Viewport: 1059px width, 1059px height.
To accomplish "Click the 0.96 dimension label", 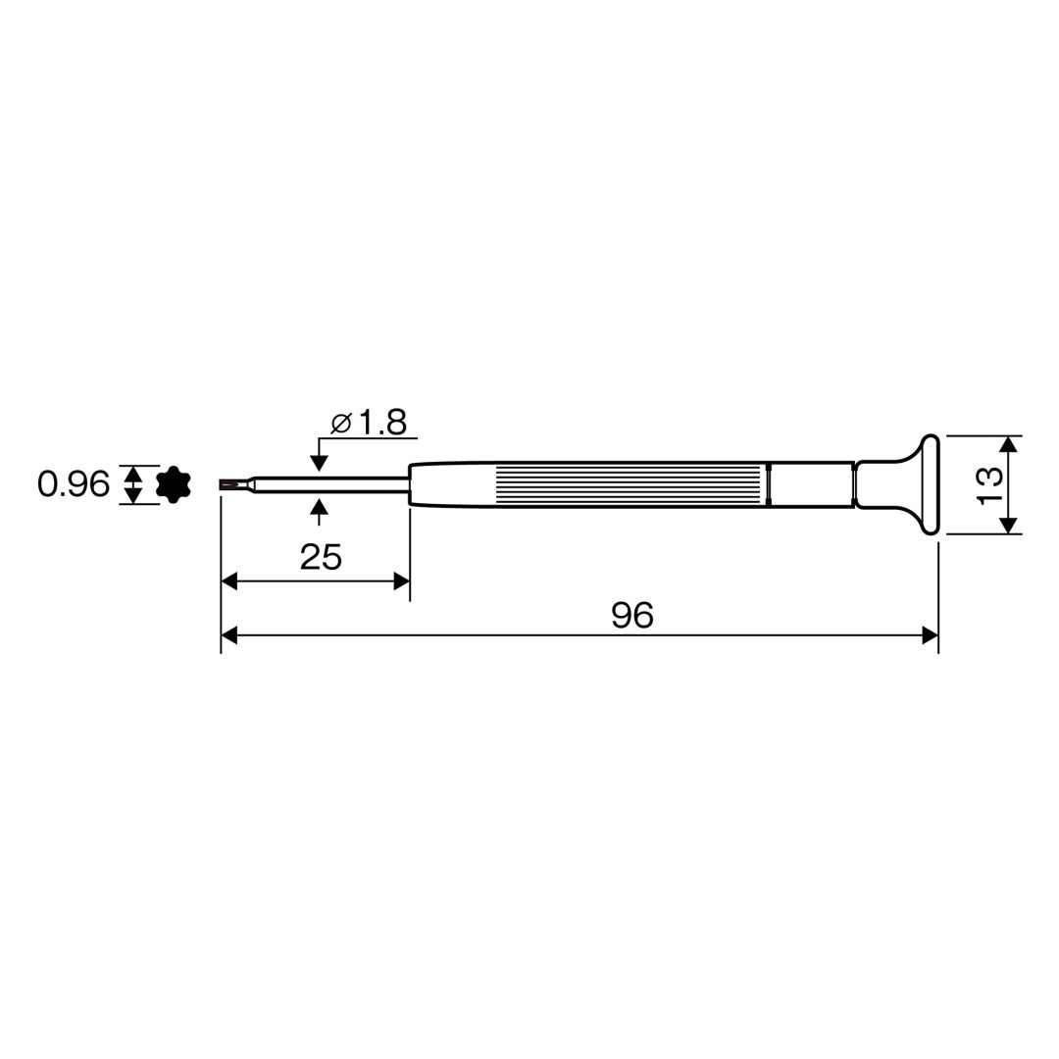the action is click(x=73, y=485).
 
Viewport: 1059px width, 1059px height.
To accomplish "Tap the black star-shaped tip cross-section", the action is click(x=174, y=484).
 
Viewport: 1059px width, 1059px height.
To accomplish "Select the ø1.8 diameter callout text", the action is click(x=369, y=423).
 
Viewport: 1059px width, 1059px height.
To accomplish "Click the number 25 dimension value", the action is click(x=321, y=557).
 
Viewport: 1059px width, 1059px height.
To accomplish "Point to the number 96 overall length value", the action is click(x=632, y=615).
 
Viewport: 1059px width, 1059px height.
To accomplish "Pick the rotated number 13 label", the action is click(x=989, y=485).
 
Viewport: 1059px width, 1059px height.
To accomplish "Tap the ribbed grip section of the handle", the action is click(x=632, y=485).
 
